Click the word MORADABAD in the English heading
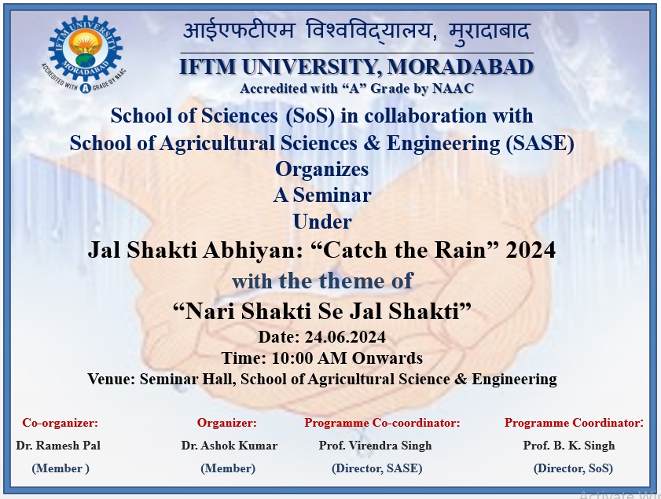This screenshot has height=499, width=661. click(460, 67)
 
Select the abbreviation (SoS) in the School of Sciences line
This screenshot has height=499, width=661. click(310, 116)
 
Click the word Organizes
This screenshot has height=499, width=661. click(322, 170)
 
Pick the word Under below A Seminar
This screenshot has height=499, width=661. click(322, 222)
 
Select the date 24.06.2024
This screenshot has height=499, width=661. click(345, 337)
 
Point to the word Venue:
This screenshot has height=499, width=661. click(112, 379)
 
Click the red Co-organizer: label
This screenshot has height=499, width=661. click(61, 423)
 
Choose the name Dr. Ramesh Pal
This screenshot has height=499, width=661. click(58, 446)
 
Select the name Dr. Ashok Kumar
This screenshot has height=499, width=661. click(230, 446)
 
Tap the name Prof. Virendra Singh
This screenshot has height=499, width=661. click(375, 446)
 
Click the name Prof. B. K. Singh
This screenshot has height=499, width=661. click(569, 446)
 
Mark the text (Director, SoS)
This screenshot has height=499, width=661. click(573, 468)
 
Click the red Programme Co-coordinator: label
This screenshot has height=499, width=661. click(382, 423)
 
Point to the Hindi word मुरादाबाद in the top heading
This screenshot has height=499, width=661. click(489, 32)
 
